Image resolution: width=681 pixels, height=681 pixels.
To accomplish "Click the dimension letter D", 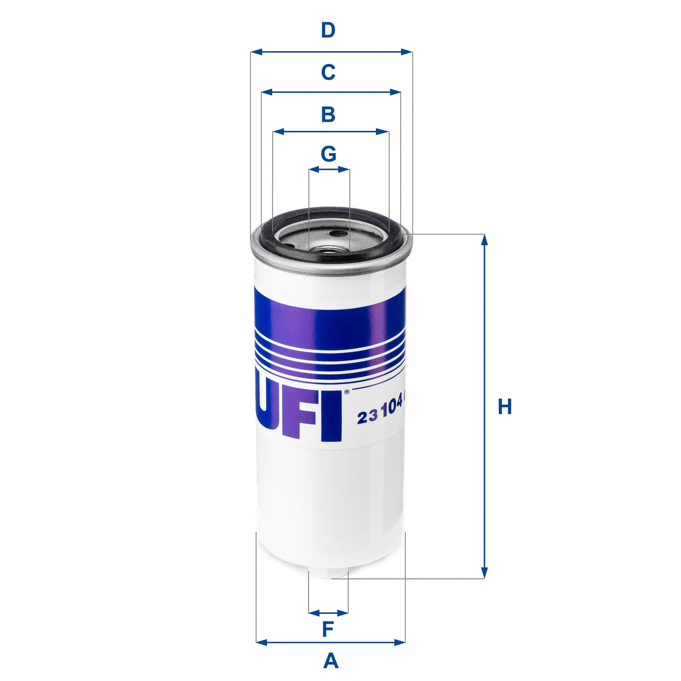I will tap(328, 30).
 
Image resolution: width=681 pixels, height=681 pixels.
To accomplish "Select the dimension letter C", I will tap(328, 72).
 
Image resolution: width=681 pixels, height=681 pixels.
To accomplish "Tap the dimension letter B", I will tap(328, 114).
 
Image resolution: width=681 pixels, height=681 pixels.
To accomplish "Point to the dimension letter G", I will tap(328, 153).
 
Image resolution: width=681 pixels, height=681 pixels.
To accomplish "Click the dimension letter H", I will tap(505, 407).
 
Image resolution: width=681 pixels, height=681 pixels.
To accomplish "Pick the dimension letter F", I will tap(328, 629).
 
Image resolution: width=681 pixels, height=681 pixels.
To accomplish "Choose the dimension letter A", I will tap(331, 661).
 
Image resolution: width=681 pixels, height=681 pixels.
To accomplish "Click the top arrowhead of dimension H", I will tap(484, 240).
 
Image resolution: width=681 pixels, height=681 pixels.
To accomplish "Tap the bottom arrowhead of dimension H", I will tap(484, 573).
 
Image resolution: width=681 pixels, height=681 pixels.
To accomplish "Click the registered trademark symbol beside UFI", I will tap(346, 392).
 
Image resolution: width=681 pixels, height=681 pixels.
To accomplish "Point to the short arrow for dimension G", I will tap(329, 168).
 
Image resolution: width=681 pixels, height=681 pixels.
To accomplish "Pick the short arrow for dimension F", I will tap(328, 613).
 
